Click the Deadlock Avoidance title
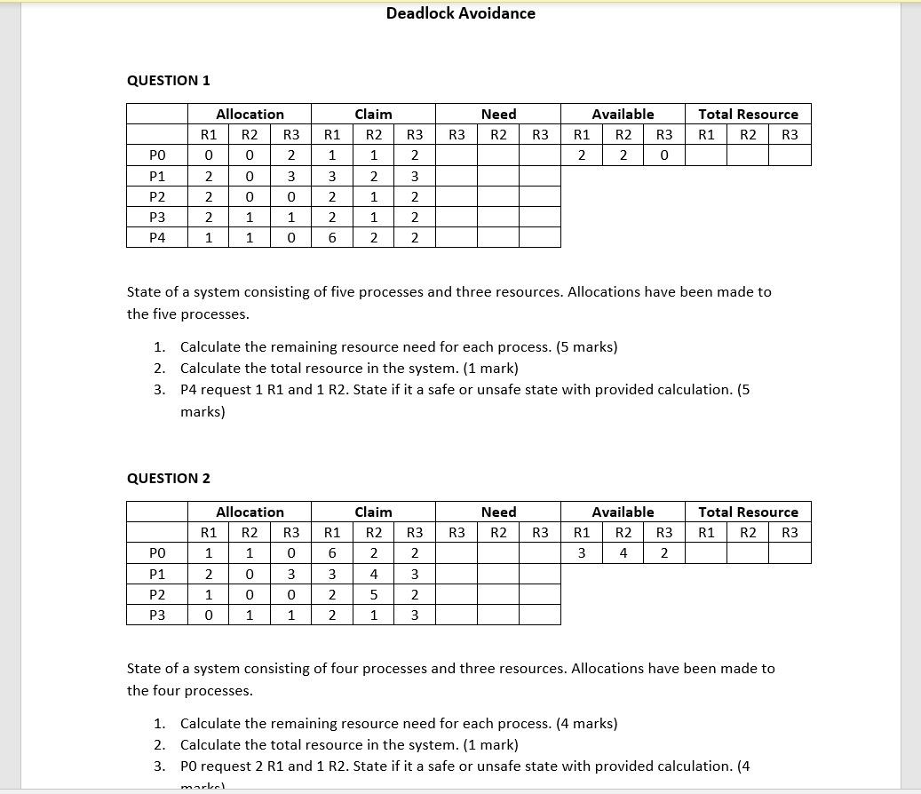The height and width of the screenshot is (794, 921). (460, 13)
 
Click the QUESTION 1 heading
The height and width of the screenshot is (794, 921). (169, 81)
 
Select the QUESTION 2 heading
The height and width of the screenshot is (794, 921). (169, 479)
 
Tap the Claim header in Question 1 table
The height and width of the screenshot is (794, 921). (373, 115)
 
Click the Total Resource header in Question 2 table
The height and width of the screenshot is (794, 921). (748, 512)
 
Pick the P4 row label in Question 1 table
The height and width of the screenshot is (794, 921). (157, 238)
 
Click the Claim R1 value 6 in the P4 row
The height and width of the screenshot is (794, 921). (332, 238)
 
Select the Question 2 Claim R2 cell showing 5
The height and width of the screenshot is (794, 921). (374, 595)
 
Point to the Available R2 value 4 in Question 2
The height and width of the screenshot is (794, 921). (623, 553)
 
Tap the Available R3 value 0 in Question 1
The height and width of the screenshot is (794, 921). (664, 155)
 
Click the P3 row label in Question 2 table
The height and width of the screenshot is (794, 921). (157, 615)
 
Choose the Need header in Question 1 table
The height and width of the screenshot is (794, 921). (498, 115)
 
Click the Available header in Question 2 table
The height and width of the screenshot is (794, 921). (623, 512)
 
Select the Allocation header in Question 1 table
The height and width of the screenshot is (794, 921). (250, 115)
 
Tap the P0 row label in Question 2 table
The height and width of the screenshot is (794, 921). (157, 553)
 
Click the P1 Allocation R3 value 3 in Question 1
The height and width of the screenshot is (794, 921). (290, 177)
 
